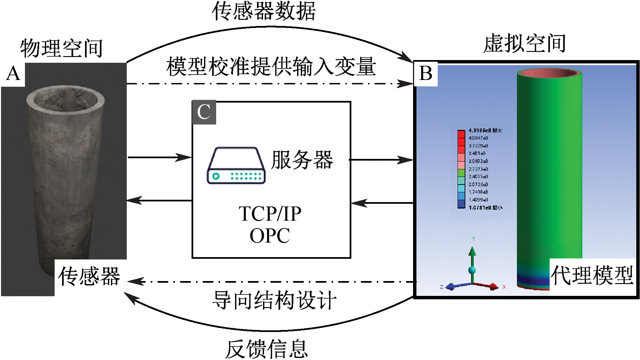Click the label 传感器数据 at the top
pos(264,11)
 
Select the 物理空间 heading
pos(61,48)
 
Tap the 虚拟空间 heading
pos(524,44)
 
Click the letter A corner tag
pos(13,74)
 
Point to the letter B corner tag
pos(426,73)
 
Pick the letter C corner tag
pos(204,112)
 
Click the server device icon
pos(236,165)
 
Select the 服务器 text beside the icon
pos(302,160)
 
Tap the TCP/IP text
pos(270,214)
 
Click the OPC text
pos(270,236)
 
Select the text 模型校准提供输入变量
pos(271,66)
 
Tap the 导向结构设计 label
pos(274,300)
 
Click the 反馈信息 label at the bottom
pos(266,349)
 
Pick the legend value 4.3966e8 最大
pos(485,131)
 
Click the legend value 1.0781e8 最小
pos(485,207)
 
